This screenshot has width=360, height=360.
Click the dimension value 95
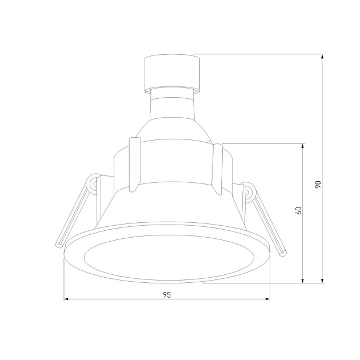167,295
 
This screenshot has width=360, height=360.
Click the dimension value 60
298,210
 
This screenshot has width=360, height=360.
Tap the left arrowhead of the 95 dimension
66,299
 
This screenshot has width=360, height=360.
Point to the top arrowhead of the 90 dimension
322,57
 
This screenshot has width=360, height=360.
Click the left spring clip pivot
92,184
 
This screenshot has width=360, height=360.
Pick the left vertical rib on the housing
134,164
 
